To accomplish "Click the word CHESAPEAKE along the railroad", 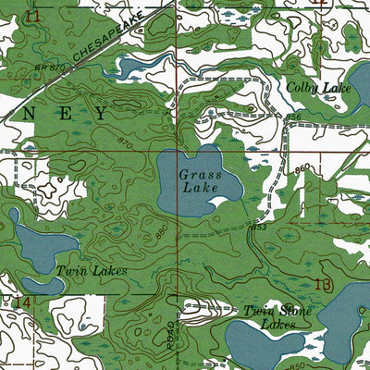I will (x=107, y=43).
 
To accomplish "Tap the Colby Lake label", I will (x=316, y=88).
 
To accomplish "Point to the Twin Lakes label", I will (x=91, y=270).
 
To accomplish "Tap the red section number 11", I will (x=34, y=17).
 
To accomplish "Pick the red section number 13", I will (x=321, y=283).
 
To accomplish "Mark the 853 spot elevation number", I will (x=258, y=227).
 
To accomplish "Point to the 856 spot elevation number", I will (x=293, y=117).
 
